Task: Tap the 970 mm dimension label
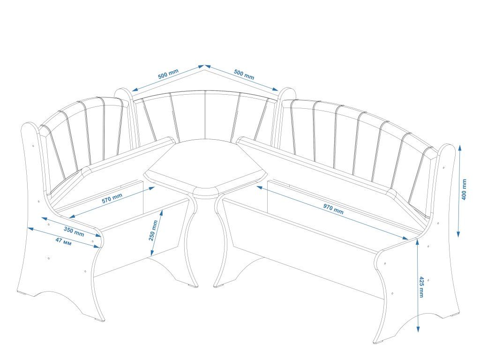[x=332, y=209]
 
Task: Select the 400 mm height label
[x=464, y=189]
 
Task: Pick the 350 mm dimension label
[x=74, y=231]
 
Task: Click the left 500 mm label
[x=168, y=74]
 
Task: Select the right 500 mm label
[x=243, y=74]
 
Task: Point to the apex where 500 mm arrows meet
[x=204, y=66]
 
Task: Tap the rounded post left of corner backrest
[x=123, y=94]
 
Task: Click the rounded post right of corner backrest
[x=286, y=92]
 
